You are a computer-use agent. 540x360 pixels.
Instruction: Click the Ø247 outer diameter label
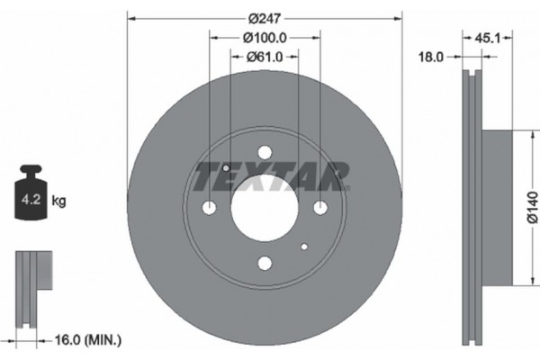pyautogui.click(x=265, y=16)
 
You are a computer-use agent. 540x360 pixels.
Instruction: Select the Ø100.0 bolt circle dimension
pyautogui.click(x=265, y=37)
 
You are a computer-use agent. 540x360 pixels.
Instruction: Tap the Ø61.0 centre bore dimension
pyautogui.click(x=265, y=58)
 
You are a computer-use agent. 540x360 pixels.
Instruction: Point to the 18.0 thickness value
pyautogui.click(x=434, y=57)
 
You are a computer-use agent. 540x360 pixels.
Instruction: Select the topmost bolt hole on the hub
pyautogui.click(x=265, y=152)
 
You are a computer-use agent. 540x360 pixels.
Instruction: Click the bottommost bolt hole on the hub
pyautogui.click(x=265, y=263)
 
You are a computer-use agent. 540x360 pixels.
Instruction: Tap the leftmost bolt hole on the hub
pyautogui.click(x=210, y=208)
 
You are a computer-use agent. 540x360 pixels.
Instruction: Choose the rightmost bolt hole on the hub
pyautogui.click(x=319, y=208)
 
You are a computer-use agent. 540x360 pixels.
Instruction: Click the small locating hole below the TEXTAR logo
pyautogui.click(x=305, y=247)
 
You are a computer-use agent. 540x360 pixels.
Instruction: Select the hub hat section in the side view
pyautogui.click(x=499, y=206)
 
